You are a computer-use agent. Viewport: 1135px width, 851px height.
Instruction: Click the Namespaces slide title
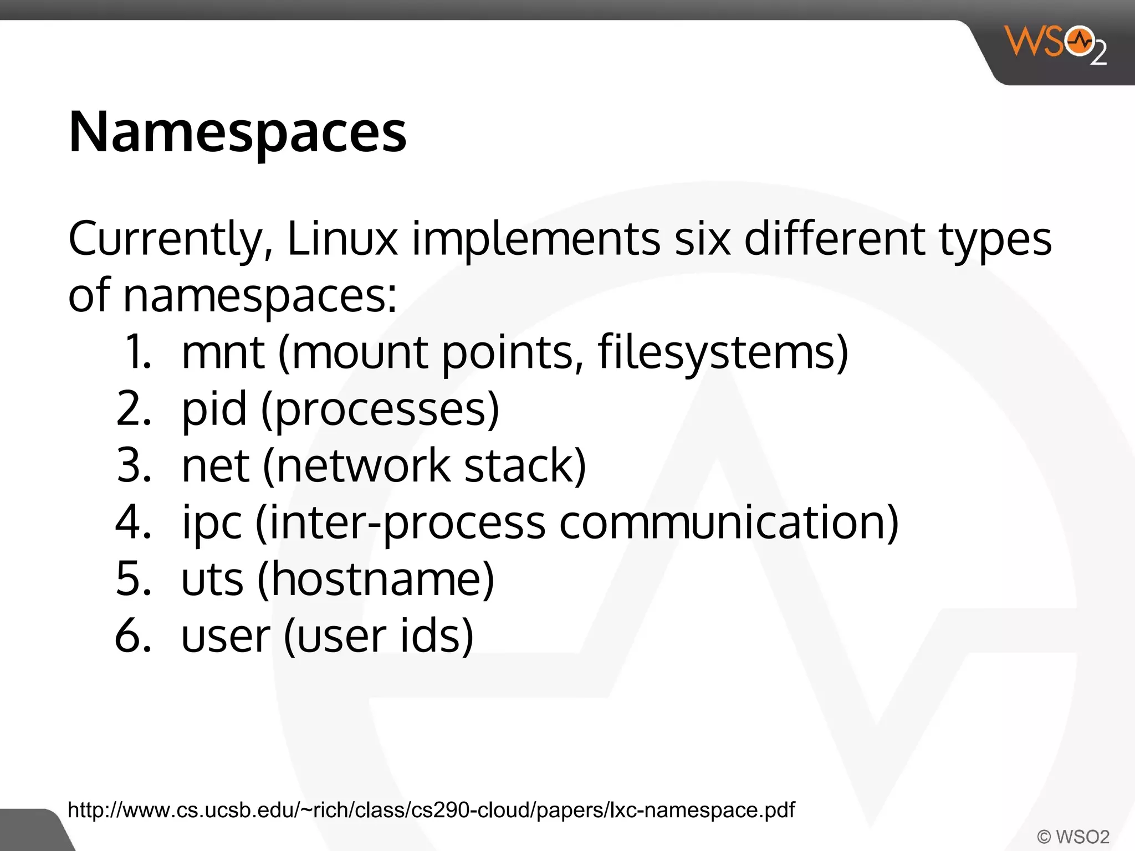[237, 132]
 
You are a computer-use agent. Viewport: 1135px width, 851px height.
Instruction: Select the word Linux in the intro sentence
[342, 239]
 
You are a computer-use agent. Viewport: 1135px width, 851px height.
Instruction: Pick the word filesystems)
[723, 353]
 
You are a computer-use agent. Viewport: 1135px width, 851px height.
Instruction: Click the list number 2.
[134, 409]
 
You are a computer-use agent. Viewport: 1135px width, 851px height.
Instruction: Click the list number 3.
[134, 466]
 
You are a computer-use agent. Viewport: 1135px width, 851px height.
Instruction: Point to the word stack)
[524, 466]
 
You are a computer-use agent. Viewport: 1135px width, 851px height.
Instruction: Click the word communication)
[728, 522]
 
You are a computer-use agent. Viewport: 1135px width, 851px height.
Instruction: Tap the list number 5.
[134, 579]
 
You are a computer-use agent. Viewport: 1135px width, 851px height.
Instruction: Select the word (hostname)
[376, 579]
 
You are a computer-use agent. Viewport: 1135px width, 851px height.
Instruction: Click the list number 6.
[134, 636]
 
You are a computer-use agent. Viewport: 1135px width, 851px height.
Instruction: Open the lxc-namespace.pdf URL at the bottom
[431, 810]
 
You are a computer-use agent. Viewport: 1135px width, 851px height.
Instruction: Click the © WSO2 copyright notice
[1073, 836]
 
